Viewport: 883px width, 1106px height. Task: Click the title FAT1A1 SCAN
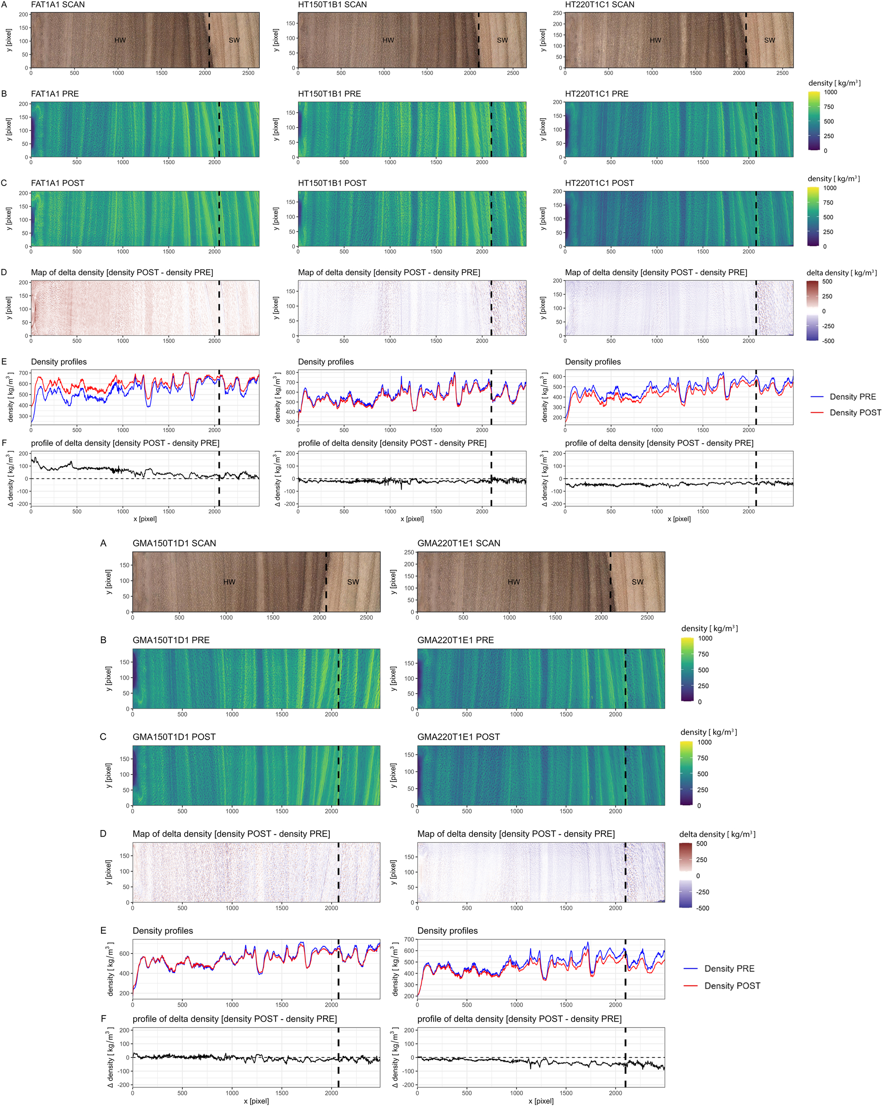pyautogui.click(x=58, y=4)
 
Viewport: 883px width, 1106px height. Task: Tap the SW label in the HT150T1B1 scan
pyautogui.click(x=502, y=40)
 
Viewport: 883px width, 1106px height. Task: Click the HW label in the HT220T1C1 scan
pyautogui.click(x=655, y=40)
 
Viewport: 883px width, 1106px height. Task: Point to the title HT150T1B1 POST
pyautogui.click(x=332, y=183)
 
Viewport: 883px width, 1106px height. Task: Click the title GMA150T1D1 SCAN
pyautogui.click(x=174, y=543)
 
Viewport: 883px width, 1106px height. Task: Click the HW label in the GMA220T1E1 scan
pyautogui.click(x=513, y=582)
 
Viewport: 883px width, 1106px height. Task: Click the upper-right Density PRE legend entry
pyautogui.click(x=852, y=396)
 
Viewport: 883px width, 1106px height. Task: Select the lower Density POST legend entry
pyautogui.click(x=732, y=986)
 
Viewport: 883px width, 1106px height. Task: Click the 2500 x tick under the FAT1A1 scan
pyautogui.click(x=248, y=73)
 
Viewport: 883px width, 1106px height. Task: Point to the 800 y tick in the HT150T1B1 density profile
pyautogui.click(x=291, y=373)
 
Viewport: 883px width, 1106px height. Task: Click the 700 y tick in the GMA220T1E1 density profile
pyautogui.click(x=409, y=939)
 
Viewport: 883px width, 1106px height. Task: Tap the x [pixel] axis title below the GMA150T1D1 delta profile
pyautogui.click(x=256, y=1100)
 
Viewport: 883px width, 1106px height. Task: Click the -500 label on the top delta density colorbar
pyautogui.click(x=828, y=341)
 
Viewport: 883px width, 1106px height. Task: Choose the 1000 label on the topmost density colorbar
pyautogui.click(x=830, y=92)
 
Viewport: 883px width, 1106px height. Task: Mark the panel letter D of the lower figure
pyautogui.click(x=103, y=834)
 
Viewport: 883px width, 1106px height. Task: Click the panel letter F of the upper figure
pyautogui.click(x=4, y=443)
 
